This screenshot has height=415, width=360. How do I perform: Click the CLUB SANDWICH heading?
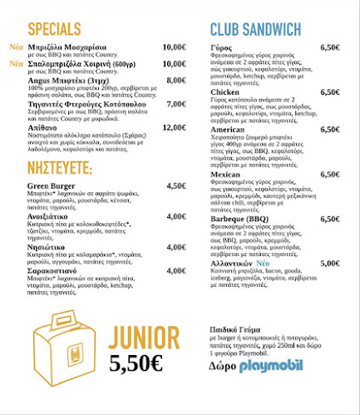coord(255,31)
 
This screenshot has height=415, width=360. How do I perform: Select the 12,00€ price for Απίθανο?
coord(174,127)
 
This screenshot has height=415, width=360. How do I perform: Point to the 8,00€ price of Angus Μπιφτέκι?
coord(175,80)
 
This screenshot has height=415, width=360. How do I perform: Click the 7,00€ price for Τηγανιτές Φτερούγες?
coord(175,104)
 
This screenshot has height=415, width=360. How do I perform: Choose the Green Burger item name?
coord(52,185)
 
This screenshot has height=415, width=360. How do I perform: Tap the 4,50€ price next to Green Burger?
coord(175,185)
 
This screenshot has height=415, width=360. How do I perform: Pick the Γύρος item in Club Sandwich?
coord(222,47)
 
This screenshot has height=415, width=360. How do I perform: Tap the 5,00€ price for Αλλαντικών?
coord(329,263)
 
